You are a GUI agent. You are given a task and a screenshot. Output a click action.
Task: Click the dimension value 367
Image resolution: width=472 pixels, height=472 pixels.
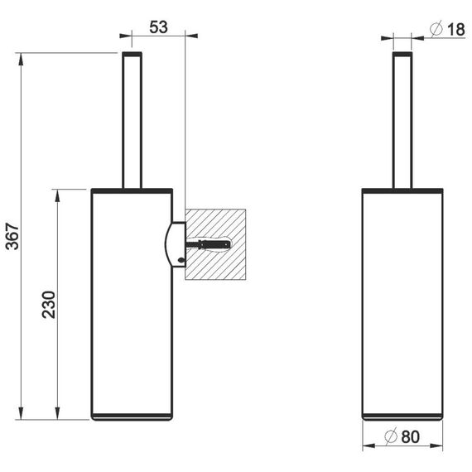pyautogui.click(x=12, y=236)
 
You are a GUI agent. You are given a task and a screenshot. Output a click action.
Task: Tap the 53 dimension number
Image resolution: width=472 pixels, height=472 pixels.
pyautogui.click(x=158, y=27)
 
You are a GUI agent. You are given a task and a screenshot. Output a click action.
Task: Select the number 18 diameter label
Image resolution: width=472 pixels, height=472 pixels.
pyautogui.click(x=456, y=30)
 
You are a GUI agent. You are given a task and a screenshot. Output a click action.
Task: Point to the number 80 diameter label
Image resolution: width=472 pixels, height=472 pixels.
pyautogui.click(x=410, y=436)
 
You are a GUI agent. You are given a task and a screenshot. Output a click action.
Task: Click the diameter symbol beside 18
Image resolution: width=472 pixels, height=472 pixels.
pyautogui.click(x=436, y=29)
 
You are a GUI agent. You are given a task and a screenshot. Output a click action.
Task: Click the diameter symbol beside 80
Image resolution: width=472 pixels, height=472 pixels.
pyautogui.click(x=391, y=436)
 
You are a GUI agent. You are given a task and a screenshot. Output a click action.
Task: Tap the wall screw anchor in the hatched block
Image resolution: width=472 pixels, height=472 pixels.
pyautogui.click(x=209, y=243)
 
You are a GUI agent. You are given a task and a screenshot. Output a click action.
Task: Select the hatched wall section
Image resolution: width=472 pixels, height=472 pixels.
pyautogui.click(x=215, y=244)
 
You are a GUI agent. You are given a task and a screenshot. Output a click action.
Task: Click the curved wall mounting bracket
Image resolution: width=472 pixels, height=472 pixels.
pyautogui.click(x=176, y=244)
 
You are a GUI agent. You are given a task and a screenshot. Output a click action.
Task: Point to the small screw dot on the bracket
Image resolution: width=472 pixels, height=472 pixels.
pyautogui.click(x=181, y=260)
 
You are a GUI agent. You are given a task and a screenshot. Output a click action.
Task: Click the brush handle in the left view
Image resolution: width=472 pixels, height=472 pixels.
pyautogui.click(x=132, y=120)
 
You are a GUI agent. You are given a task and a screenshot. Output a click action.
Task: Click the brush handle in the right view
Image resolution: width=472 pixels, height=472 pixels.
pyautogui.click(x=402, y=120)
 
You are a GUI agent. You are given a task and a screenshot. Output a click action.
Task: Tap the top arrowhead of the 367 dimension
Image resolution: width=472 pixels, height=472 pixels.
pyautogui.click(x=21, y=59)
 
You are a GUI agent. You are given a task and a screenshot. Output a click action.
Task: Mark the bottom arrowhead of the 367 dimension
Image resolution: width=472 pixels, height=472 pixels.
pyautogui.click(x=21, y=413)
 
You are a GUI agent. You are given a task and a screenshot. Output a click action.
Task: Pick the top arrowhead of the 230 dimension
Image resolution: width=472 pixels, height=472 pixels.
pyautogui.click(x=57, y=195)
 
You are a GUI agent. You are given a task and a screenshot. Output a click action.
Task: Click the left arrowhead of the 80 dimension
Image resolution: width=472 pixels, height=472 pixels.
pyautogui.click(x=368, y=446)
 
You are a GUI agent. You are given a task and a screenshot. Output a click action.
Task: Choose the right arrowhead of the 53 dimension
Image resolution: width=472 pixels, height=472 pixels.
pyautogui.click(x=191, y=36)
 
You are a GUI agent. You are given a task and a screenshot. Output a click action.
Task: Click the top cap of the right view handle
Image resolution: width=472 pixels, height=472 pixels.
pyautogui.click(x=402, y=54)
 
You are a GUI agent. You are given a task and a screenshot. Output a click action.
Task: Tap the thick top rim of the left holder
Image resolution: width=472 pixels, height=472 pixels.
pyautogui.click(x=132, y=190)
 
